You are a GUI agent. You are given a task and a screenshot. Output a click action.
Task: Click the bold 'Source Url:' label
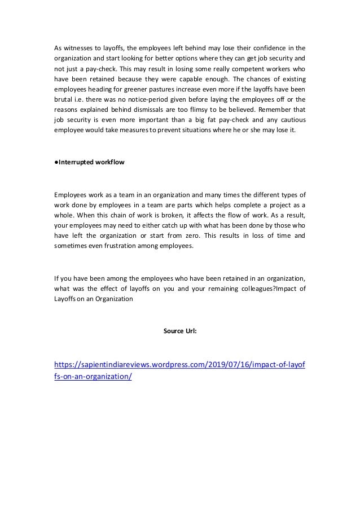(179, 331)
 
